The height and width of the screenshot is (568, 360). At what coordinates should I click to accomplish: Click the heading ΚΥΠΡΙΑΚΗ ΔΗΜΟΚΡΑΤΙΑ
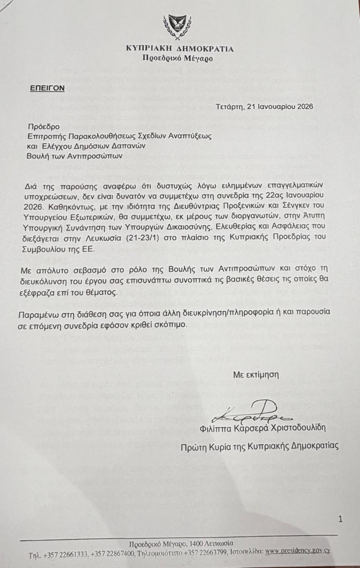click(179, 49)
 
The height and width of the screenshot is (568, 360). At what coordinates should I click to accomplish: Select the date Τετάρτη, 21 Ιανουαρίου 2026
click(265, 106)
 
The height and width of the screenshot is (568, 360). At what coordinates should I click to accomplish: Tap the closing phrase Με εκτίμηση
click(256, 374)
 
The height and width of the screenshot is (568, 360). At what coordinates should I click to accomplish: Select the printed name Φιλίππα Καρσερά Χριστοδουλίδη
click(263, 428)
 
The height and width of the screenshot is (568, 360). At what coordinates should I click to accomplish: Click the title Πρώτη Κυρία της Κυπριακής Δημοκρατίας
click(259, 446)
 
